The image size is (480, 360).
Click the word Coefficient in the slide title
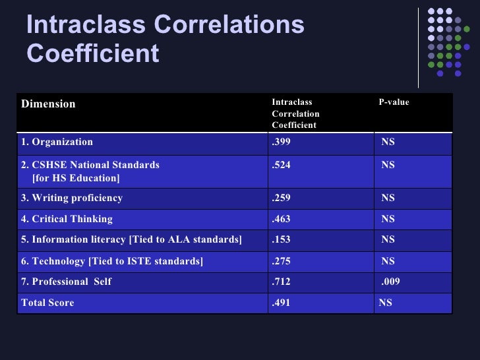(x=93, y=53)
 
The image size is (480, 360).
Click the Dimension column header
(x=48, y=104)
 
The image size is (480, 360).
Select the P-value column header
(x=394, y=102)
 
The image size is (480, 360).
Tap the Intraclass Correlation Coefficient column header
(x=295, y=113)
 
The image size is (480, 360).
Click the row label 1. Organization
(x=57, y=142)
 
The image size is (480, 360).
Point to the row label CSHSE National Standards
(x=90, y=165)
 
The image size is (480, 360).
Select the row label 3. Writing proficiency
(x=72, y=198)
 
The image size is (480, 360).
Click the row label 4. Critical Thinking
(x=67, y=219)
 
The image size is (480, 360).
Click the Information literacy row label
(x=132, y=239)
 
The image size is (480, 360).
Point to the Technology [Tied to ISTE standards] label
(x=112, y=262)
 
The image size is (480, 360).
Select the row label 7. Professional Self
(x=66, y=282)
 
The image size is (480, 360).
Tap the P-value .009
(x=390, y=282)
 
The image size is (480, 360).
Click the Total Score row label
(x=47, y=303)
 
